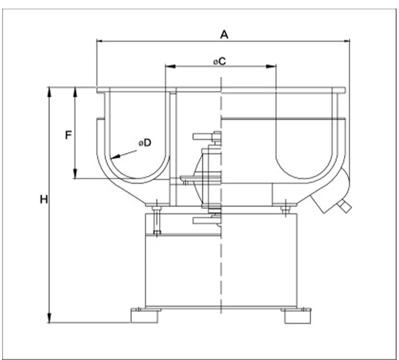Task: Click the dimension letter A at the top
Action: [x=224, y=35]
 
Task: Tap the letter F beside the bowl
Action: [x=68, y=135]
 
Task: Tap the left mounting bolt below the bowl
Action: [x=156, y=218]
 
